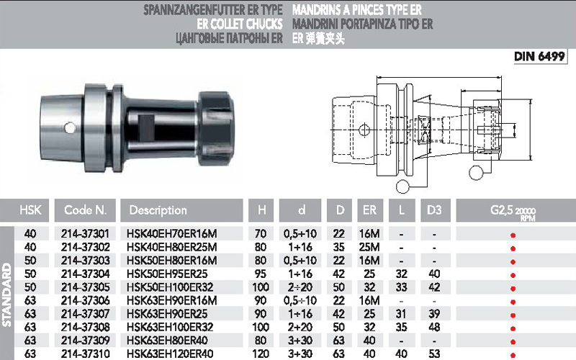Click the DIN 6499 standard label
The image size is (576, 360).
[539, 56]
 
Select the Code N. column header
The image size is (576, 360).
[85, 210]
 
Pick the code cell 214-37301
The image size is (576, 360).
[85, 233]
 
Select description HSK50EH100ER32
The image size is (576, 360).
[170, 287]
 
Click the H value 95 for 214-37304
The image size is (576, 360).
[261, 274]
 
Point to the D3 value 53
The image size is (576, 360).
[434, 354]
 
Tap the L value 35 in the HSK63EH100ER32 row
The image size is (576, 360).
[401, 328]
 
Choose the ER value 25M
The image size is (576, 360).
[369, 247]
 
